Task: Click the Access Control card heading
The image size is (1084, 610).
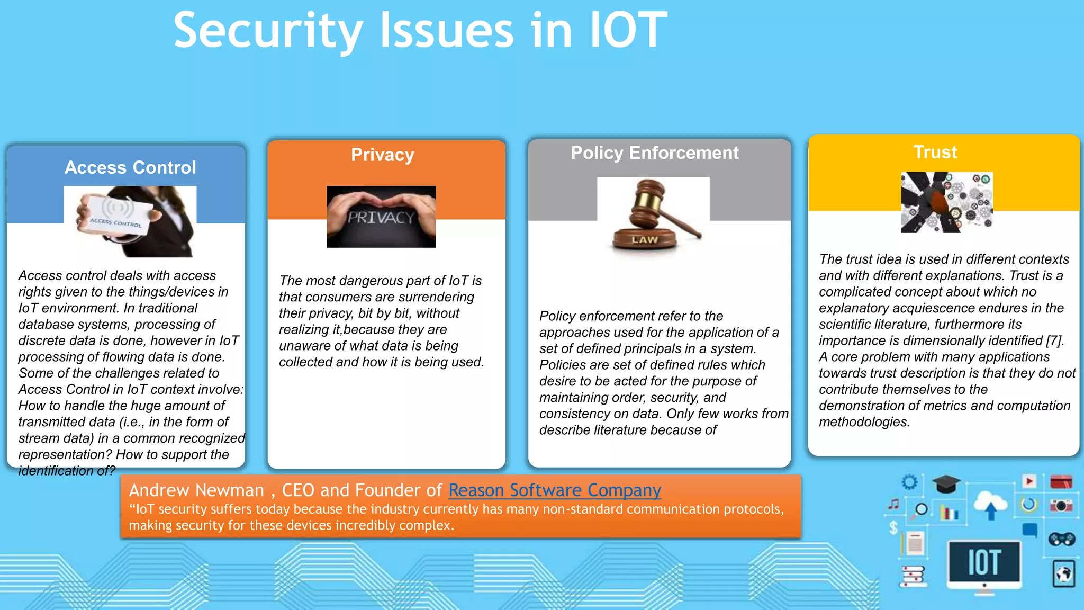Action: coord(130,167)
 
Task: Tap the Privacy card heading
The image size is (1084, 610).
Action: coord(382,155)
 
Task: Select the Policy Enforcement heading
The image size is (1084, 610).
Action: coord(654,153)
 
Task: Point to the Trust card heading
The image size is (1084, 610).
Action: coord(935,152)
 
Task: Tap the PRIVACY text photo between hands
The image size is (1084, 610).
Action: coord(381,217)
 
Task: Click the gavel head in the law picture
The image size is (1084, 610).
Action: coord(648,199)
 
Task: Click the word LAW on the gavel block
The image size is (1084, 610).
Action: coord(644,240)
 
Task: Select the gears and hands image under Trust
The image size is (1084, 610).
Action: coord(946,202)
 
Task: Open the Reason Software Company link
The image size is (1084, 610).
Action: coord(554,490)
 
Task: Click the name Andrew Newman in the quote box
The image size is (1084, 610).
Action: coord(196,490)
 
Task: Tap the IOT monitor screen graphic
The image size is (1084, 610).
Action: coord(983,562)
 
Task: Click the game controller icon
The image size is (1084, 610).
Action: coord(1061,539)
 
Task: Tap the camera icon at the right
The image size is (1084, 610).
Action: coord(1061,506)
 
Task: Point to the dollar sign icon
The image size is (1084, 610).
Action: coord(893,528)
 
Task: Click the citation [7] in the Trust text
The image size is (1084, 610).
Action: coord(1054,341)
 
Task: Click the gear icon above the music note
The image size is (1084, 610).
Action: coord(909,482)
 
